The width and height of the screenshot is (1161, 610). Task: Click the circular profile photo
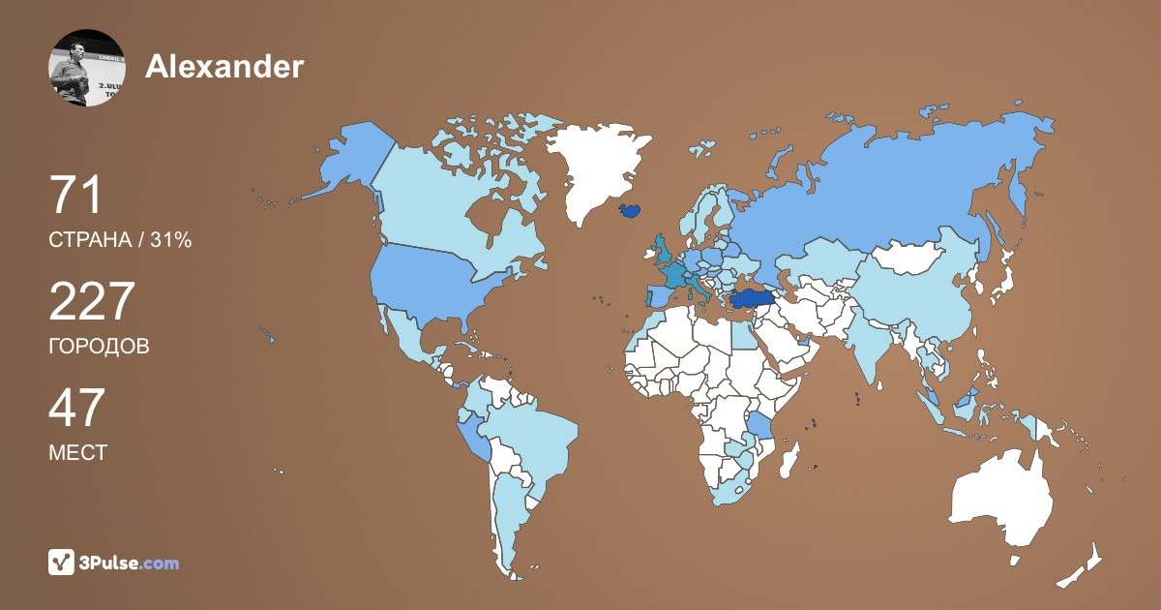87,68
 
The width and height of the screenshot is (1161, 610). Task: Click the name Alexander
224,66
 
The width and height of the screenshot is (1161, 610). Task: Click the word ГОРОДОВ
99,346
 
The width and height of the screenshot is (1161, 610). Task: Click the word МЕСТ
77,452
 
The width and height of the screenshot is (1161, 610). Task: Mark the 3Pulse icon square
62,563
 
